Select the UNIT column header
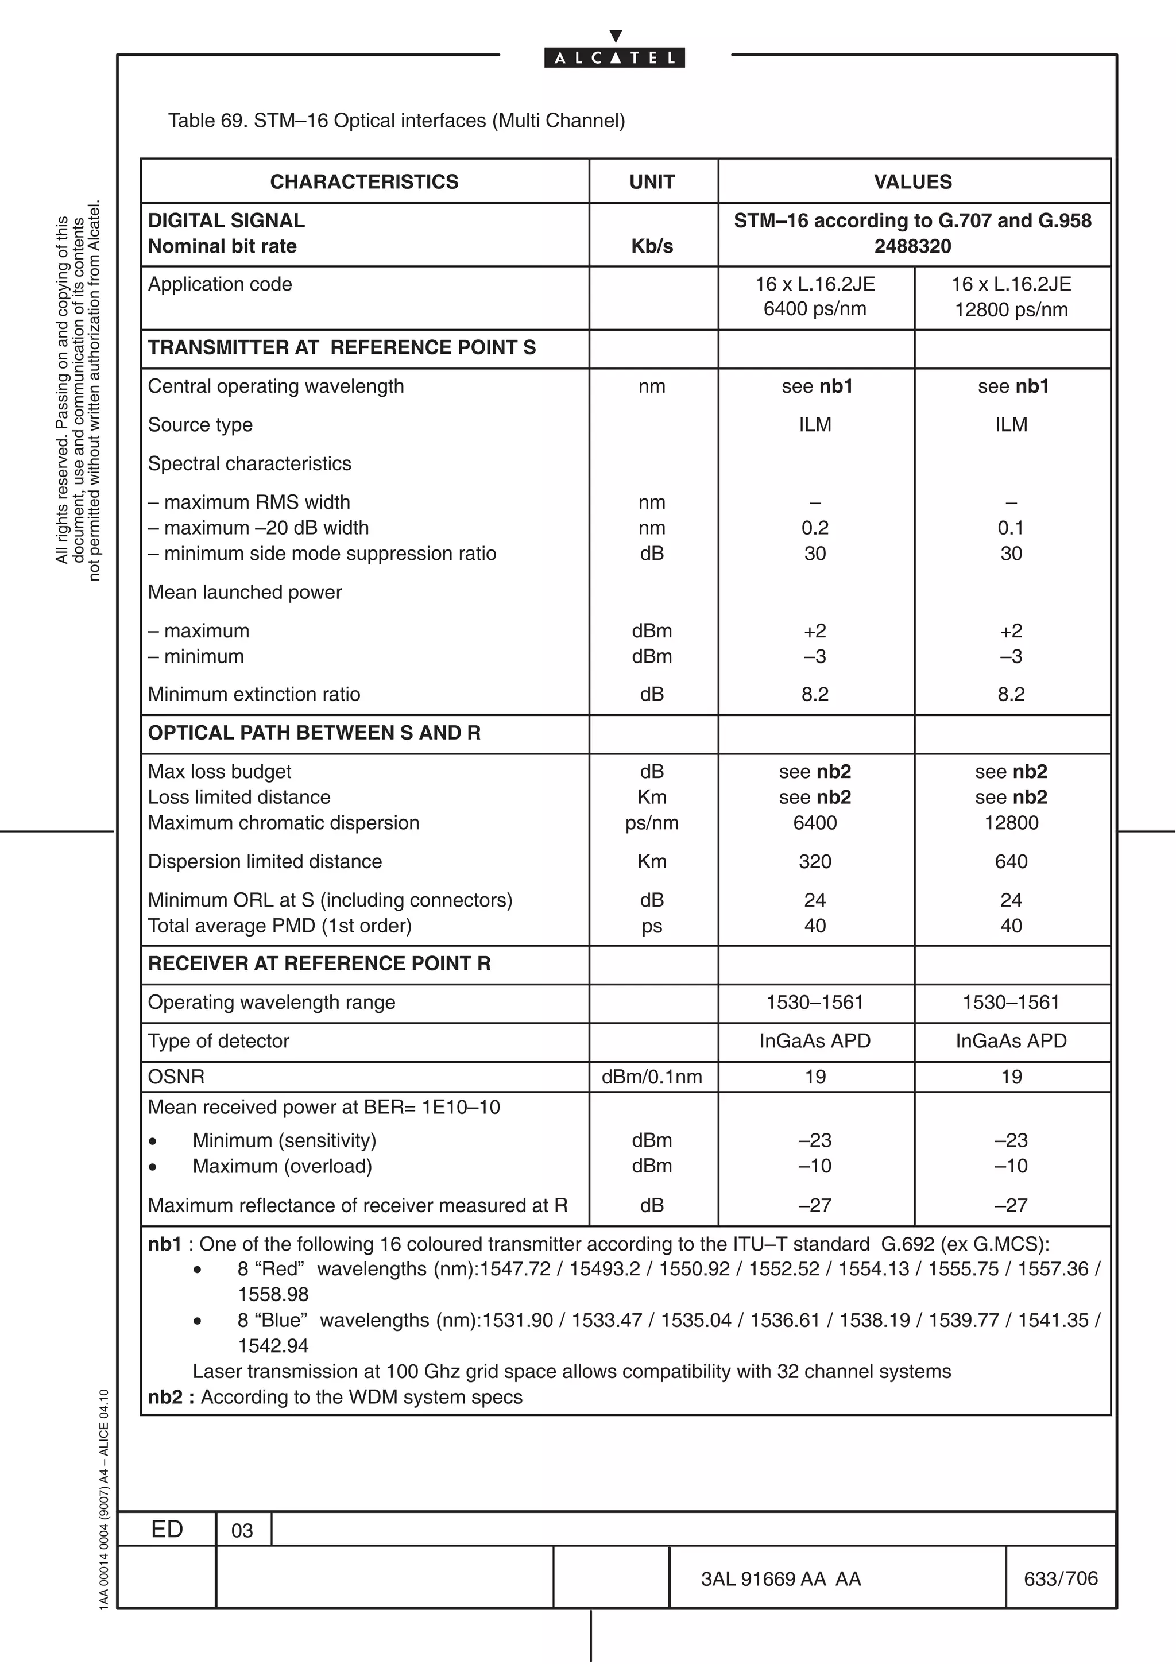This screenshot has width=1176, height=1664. [652, 182]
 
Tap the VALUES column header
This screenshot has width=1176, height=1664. [913, 182]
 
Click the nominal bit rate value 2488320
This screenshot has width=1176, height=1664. [912, 246]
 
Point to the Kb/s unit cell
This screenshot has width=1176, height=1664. [652, 246]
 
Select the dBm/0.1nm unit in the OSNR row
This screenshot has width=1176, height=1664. [652, 1077]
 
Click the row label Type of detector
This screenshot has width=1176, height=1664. [218, 1042]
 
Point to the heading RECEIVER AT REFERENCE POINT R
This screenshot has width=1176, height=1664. [319, 964]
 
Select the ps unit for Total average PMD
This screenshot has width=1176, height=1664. [652, 926]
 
